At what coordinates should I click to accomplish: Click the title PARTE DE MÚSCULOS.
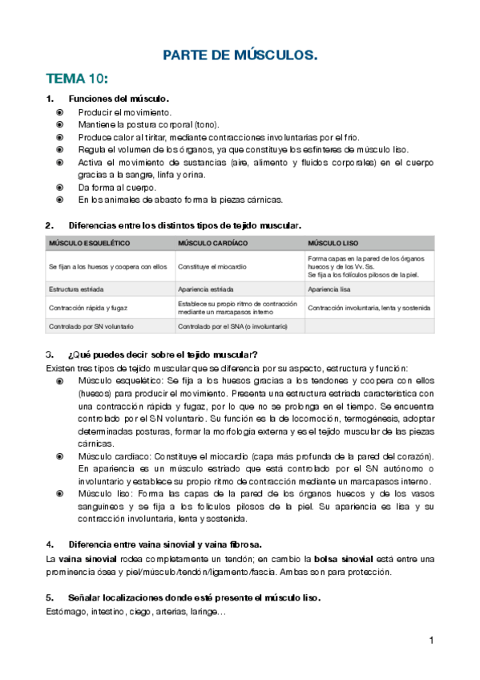(x=240, y=55)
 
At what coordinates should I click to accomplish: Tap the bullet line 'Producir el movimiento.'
(x=124, y=112)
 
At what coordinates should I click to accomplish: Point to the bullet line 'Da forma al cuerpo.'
(x=117, y=187)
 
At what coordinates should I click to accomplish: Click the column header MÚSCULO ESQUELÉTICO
(x=89, y=243)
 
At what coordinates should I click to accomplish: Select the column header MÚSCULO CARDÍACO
(x=212, y=243)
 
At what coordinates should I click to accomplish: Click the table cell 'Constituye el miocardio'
(x=212, y=266)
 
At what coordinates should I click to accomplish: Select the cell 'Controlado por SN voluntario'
(x=91, y=326)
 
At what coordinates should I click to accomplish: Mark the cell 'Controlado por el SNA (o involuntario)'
(x=232, y=326)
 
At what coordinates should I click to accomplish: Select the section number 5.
(x=49, y=598)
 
